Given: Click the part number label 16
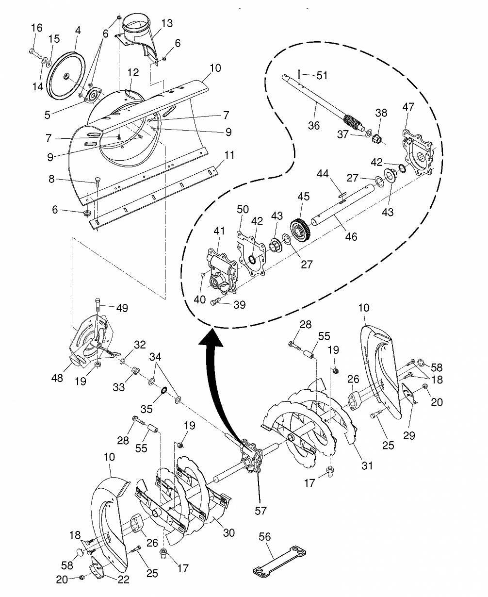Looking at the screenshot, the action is point(36,28).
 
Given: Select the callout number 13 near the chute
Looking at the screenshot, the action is point(166,23).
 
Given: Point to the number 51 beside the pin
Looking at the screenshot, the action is point(322,76).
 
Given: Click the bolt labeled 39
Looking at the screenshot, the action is point(215,301).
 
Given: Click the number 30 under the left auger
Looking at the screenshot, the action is point(228,532).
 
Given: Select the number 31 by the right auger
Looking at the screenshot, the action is point(367,465).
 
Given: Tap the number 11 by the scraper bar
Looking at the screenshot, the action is point(229,155).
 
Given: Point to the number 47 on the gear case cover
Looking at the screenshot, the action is point(408,107).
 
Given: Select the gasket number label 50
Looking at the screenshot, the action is point(243,209).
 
